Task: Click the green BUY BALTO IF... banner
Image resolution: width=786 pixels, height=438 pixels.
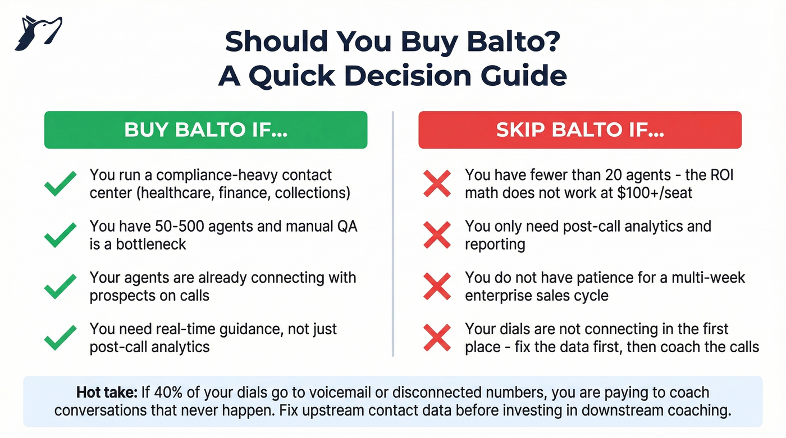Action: pos(205,130)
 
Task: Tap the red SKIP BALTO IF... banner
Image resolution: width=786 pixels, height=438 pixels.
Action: pos(580,130)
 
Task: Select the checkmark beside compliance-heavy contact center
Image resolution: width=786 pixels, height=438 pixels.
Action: pos(60,184)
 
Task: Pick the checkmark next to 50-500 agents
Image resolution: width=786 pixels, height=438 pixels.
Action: pos(60,235)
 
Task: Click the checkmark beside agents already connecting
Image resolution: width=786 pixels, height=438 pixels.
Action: pos(60,287)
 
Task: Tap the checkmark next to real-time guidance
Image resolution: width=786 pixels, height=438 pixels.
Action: pos(60,338)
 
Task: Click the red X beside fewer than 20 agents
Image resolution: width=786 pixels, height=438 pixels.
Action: pos(436,184)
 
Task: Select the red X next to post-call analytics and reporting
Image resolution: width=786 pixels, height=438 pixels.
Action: pos(436,235)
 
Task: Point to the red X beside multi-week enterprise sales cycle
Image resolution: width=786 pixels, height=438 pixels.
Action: pos(436,287)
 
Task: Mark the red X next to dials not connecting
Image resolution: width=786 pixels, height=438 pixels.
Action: pos(436,338)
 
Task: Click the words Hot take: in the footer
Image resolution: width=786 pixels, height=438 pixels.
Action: pos(106,393)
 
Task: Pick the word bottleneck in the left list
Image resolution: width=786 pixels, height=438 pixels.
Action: pos(151,245)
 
